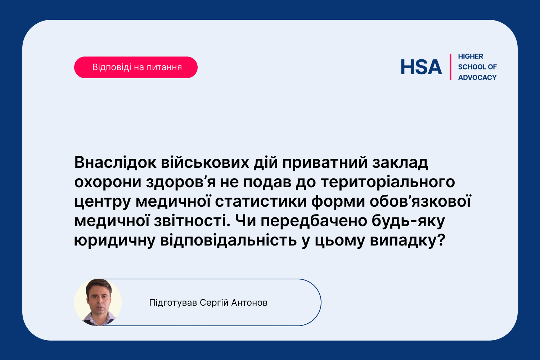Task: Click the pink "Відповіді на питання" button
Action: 136,67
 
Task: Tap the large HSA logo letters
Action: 421,67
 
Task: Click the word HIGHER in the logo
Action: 470,57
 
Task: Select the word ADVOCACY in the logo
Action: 477,77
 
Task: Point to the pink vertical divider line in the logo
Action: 450,67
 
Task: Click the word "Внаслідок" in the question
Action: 115,162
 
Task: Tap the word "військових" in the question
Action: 205,162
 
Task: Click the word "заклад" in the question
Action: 400,163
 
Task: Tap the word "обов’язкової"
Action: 420,201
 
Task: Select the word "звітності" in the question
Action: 192,221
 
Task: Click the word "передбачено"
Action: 314,221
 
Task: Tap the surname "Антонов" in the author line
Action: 249,303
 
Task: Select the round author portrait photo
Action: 98,302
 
